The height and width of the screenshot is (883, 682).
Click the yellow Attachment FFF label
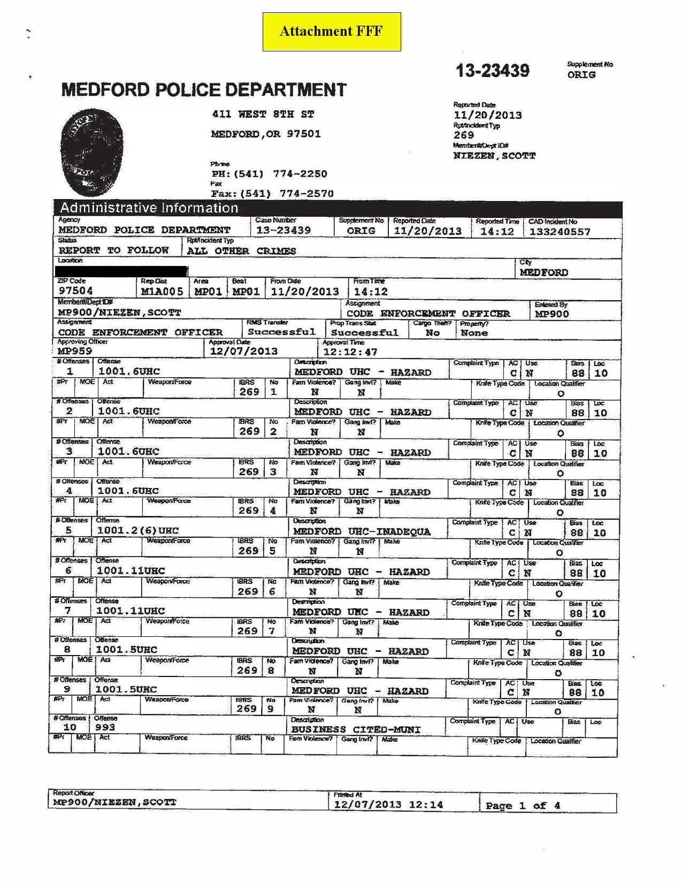(x=332, y=32)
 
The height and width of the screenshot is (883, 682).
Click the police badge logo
(x=91, y=152)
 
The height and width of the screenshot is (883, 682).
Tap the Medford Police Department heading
(x=204, y=89)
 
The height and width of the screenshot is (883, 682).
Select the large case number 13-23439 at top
(x=492, y=71)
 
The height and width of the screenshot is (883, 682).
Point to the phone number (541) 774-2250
(x=269, y=174)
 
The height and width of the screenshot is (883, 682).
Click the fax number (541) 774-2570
(x=272, y=194)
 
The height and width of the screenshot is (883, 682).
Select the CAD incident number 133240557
(x=560, y=232)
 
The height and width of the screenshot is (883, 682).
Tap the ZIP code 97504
(x=76, y=291)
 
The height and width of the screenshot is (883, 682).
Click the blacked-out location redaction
(x=122, y=271)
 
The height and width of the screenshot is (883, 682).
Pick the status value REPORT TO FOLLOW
(x=113, y=250)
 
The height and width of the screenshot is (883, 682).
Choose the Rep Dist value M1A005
(x=162, y=292)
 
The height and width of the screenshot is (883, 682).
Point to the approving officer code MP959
(x=75, y=351)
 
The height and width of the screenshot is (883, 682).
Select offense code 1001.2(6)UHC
(x=137, y=530)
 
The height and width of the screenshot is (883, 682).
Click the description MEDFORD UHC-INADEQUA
(x=362, y=531)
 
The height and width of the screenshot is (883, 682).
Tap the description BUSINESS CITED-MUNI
(x=356, y=729)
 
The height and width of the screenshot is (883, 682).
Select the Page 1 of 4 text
(x=523, y=805)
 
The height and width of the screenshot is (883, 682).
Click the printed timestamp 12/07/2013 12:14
(x=389, y=804)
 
